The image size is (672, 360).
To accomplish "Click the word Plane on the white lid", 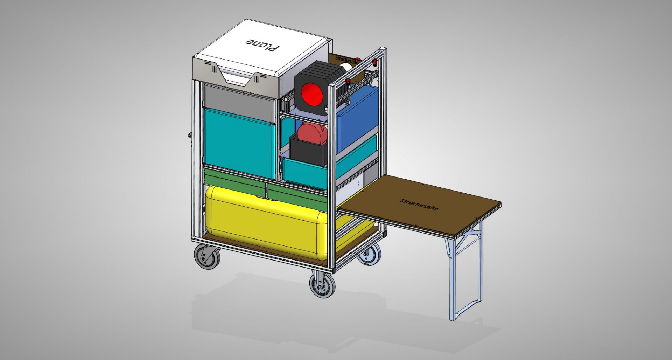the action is [x=263, y=44].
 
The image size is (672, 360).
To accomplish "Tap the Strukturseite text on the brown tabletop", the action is [x=419, y=205].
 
